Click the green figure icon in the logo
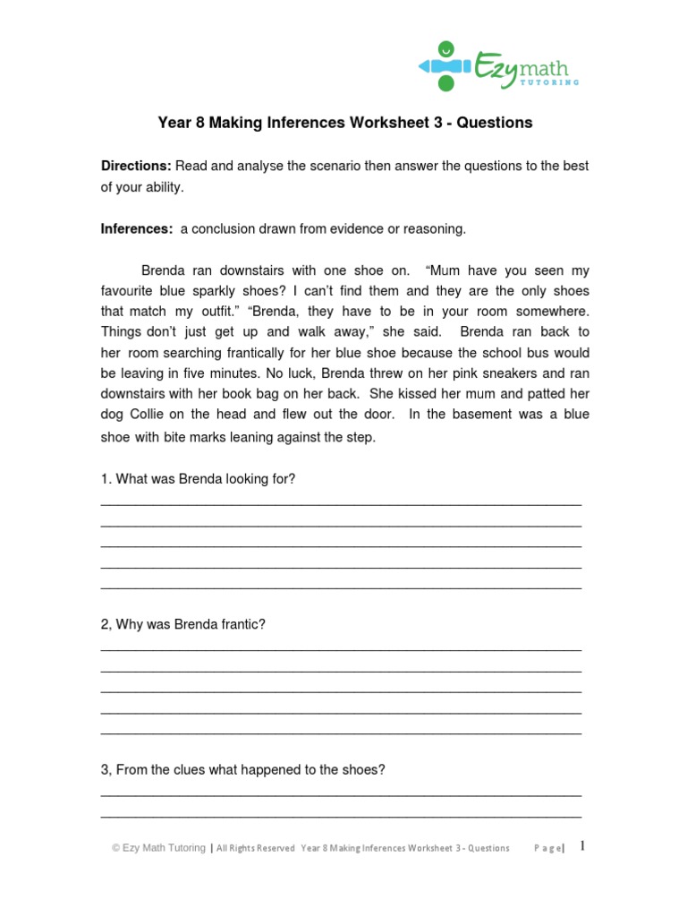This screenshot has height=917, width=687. coord(445,65)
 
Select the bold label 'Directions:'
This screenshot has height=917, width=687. coord(136,167)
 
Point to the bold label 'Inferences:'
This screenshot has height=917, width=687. coord(137,229)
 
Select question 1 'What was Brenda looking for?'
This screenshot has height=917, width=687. coord(198,479)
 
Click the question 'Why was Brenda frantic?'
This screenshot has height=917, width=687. coord(183,624)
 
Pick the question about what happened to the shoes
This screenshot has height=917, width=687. coord(242,769)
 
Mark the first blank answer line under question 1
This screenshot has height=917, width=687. coord(341,504)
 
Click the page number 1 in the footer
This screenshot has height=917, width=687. coord(582,846)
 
